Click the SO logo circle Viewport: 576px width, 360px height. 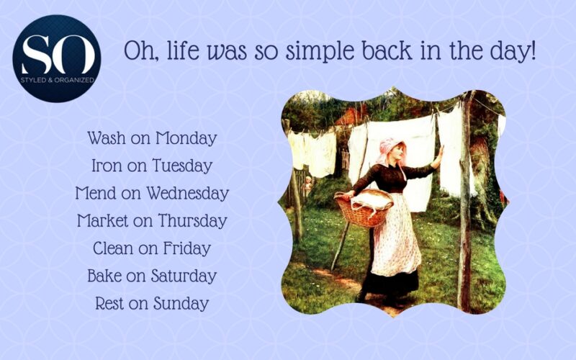tap(57, 58)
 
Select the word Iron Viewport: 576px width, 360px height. tap(107, 166)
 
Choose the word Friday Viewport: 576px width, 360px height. tap(186, 249)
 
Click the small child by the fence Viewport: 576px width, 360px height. tap(308, 184)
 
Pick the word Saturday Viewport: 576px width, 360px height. tap(182, 276)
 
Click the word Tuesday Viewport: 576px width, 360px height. tap(182, 166)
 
